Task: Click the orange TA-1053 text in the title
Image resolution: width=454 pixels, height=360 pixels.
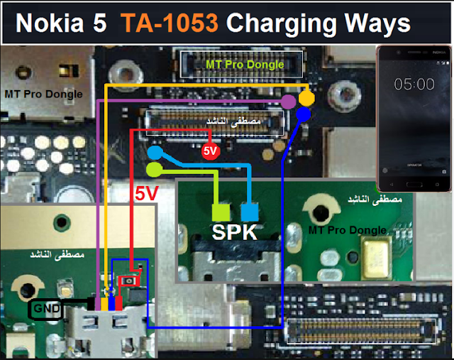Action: (x=168, y=23)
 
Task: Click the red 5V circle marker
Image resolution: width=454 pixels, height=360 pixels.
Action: (x=210, y=151)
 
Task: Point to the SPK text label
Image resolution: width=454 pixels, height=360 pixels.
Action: (x=235, y=232)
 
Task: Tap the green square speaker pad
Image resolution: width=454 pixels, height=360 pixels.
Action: (x=221, y=212)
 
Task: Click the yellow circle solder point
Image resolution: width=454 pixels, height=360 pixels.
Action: (x=306, y=97)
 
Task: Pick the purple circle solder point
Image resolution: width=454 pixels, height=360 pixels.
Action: (x=288, y=102)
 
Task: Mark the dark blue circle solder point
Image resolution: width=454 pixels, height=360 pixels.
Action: (x=304, y=114)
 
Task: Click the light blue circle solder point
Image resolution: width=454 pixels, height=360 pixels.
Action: (x=155, y=153)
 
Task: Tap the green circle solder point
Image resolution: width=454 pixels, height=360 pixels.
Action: (x=154, y=169)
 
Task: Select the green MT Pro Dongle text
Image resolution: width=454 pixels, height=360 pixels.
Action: (x=245, y=65)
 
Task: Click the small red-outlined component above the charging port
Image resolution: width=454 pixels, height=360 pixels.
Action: (x=130, y=282)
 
